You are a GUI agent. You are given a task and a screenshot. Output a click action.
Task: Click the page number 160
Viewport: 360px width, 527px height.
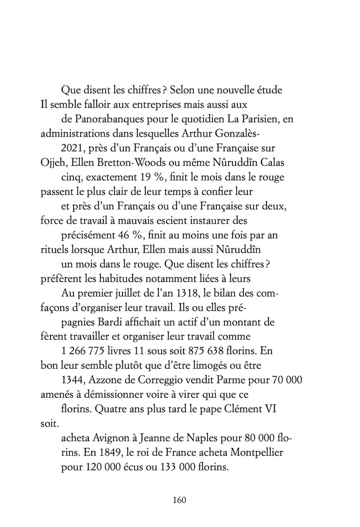180,500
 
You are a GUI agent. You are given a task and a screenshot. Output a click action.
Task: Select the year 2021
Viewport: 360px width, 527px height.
73,148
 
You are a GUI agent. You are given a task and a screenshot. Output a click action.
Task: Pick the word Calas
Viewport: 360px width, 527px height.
274,163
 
